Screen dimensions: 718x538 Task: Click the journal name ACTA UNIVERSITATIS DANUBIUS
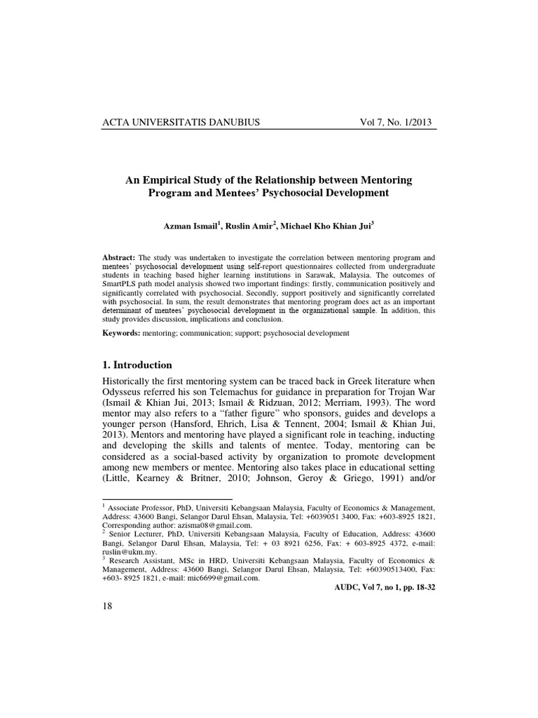(181, 121)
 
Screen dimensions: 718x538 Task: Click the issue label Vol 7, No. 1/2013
(396, 121)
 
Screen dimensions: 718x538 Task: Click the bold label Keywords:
(121, 333)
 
